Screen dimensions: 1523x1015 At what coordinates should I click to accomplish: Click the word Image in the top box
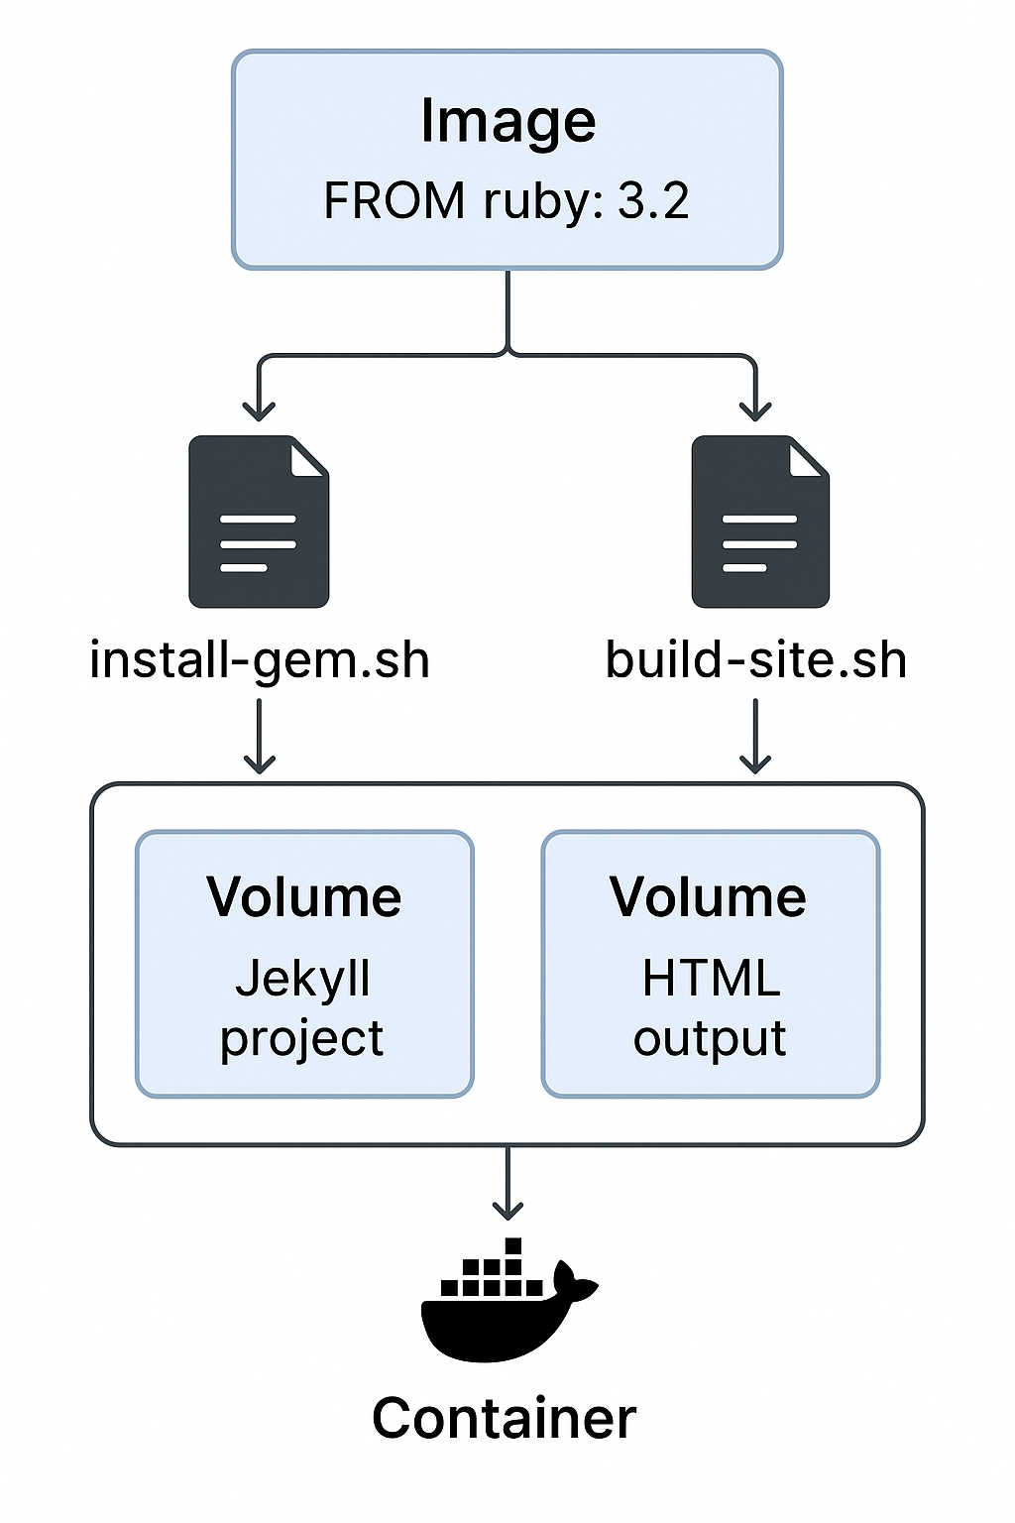click(507, 122)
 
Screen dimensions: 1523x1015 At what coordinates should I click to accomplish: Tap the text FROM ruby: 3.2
click(506, 201)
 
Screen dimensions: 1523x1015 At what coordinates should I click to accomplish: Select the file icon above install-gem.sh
click(259, 522)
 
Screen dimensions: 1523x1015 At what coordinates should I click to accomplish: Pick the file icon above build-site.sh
click(760, 522)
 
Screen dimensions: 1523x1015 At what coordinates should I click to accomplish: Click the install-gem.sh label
click(260, 660)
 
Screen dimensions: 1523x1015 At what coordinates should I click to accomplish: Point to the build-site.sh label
click(756, 660)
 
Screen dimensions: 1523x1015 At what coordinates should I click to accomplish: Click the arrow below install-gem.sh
click(260, 736)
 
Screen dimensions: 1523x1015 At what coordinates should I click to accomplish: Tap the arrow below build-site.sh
click(755, 736)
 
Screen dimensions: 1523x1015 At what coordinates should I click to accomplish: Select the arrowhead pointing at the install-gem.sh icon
click(259, 409)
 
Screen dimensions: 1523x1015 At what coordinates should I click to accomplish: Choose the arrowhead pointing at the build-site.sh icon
click(755, 409)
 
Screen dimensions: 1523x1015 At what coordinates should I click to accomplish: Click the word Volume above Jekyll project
click(304, 897)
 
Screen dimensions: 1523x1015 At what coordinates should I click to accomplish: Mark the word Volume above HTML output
click(709, 897)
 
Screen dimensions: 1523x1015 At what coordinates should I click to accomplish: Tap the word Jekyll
click(303, 980)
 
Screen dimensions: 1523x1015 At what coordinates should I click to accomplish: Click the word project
click(302, 1039)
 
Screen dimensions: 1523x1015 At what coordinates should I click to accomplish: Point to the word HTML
click(711, 979)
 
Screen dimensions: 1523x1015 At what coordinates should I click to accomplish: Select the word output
click(710, 1039)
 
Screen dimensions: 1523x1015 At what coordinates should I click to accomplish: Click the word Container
click(505, 1418)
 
